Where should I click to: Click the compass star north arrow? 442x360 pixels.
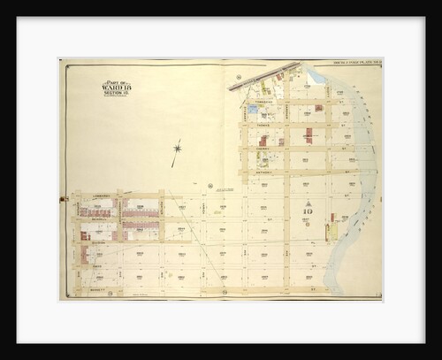pyautogui.click(x=177, y=148)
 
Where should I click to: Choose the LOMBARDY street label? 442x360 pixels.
pyautogui.click(x=100, y=195)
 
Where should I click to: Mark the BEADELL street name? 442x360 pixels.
pyautogui.click(x=99, y=218)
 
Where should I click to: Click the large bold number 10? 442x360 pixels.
pyautogui.click(x=307, y=212)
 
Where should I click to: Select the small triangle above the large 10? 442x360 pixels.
pyautogui.click(x=307, y=202)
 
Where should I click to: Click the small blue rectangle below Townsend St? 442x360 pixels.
pyautogui.click(x=254, y=109)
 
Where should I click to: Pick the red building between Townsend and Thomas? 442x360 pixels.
pyautogui.click(x=308, y=135)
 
